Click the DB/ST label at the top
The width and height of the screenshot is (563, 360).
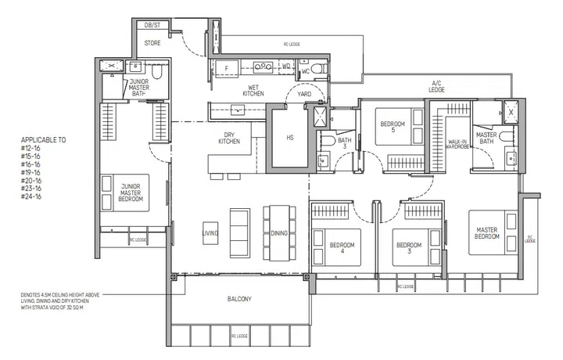[153, 26]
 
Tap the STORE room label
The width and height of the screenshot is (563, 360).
[152, 43]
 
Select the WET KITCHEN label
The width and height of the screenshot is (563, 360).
[253, 90]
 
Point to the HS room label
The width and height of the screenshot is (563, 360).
[289, 139]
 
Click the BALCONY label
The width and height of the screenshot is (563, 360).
[240, 299]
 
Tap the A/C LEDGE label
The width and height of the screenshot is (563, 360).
[437, 86]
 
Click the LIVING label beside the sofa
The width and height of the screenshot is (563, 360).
[210, 233]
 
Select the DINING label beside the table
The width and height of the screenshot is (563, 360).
[279, 233]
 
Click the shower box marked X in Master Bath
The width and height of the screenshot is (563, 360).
[511, 112]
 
